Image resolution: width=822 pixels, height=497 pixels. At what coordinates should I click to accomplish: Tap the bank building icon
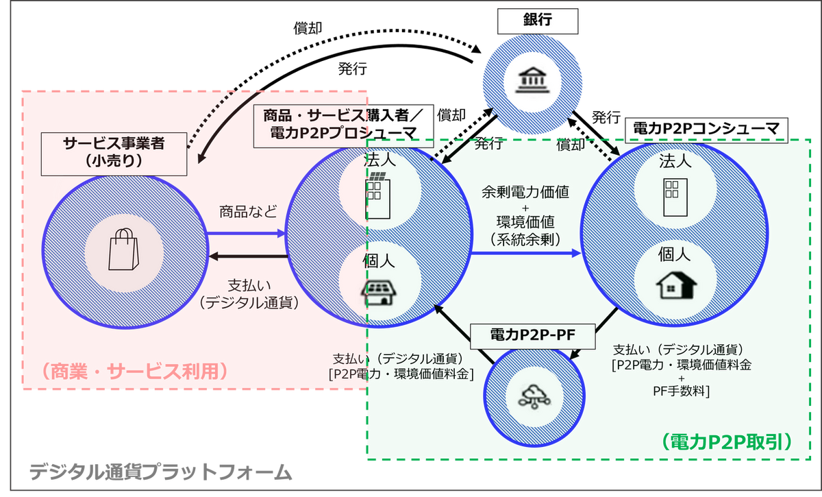click(x=532, y=82)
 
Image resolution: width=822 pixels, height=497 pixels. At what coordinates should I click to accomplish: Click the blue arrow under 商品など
click(x=247, y=234)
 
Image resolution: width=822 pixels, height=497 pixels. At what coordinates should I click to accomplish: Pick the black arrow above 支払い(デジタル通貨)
click(x=247, y=257)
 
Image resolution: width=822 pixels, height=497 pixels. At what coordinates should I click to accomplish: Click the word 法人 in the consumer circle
click(x=675, y=162)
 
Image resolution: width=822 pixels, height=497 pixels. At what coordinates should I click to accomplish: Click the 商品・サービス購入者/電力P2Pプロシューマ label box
click(x=344, y=125)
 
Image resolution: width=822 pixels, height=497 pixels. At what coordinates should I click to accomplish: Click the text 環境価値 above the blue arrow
click(x=526, y=222)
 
